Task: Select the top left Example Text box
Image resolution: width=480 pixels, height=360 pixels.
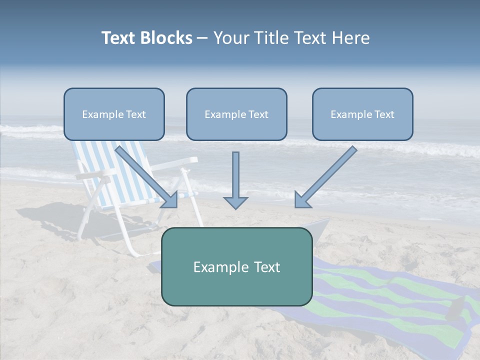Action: [x=114, y=114]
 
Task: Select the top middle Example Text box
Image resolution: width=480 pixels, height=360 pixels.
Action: [x=236, y=114]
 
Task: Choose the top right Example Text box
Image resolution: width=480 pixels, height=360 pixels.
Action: [x=362, y=114]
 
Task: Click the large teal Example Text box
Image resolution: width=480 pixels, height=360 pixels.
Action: [x=236, y=266]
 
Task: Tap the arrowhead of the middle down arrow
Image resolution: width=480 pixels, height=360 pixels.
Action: [x=235, y=202]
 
